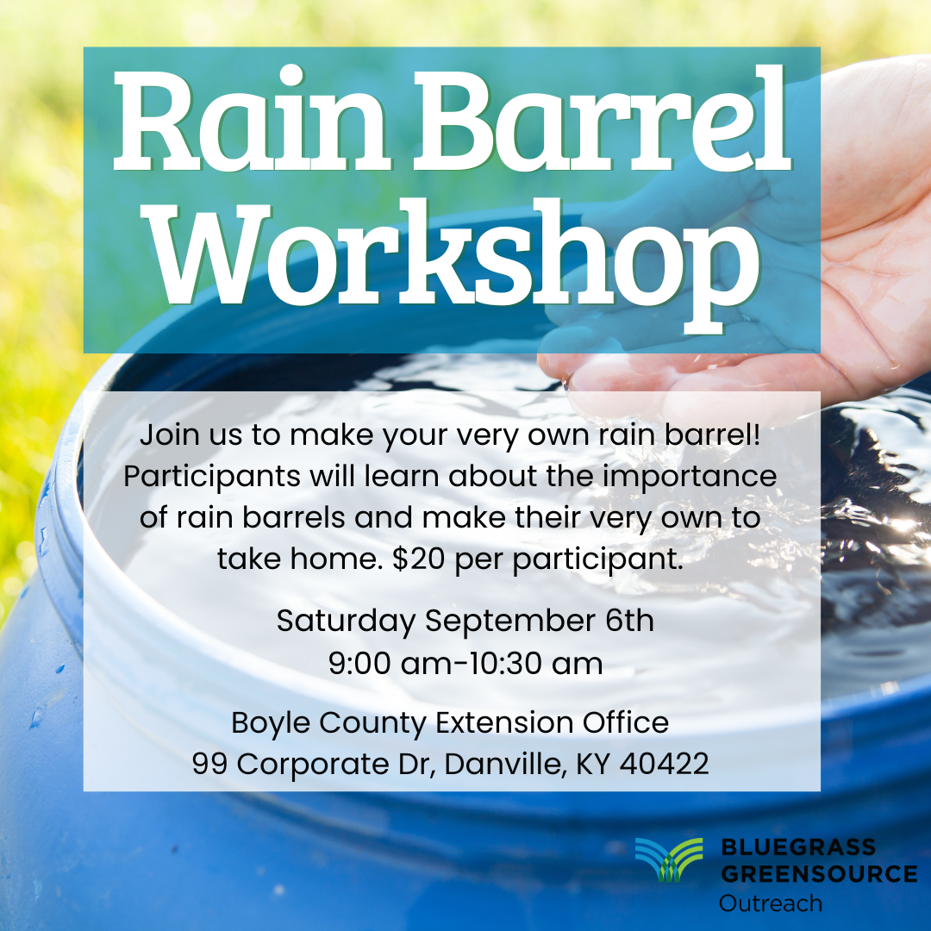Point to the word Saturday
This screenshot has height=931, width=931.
tap(347, 621)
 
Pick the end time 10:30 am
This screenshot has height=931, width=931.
tap(534, 665)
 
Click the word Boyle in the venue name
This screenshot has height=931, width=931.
tap(271, 722)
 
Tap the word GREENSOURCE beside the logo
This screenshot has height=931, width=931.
tap(818, 873)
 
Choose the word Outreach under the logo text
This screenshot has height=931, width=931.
tap(771, 903)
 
